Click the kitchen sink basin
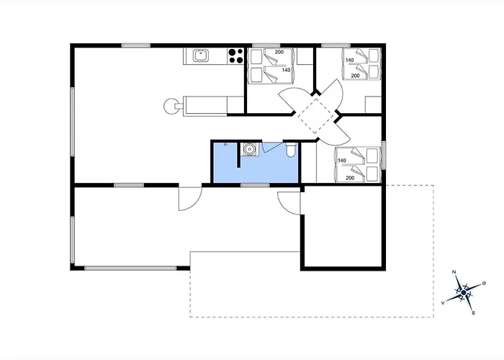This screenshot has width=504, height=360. pyautogui.click(x=201, y=56)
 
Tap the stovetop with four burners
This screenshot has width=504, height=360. pyautogui.click(x=235, y=56)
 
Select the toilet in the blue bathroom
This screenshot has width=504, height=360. pyautogui.click(x=290, y=150)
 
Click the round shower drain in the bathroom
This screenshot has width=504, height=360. pyautogui.click(x=249, y=149)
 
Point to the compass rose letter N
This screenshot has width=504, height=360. pyautogui.click(x=454, y=272)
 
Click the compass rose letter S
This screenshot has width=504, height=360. pyautogui.click(x=473, y=312)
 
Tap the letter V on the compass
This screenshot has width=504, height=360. pyautogui.click(x=444, y=303)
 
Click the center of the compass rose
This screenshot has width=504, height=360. pyautogui.click(x=464, y=292)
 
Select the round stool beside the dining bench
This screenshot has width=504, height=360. pyautogui.click(x=171, y=106)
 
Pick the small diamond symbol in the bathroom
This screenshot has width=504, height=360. pyautogui.click(x=225, y=144)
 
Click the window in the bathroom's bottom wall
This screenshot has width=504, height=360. pyautogui.click(x=255, y=185)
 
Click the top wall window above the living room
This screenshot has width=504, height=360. pyautogui.click(x=136, y=45)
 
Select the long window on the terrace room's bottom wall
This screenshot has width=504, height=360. pyautogui.click(x=130, y=268)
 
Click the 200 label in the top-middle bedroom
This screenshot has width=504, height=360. pyautogui.click(x=279, y=52)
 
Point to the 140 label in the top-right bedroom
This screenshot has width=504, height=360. pyautogui.click(x=350, y=60)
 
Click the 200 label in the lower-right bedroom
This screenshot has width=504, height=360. pyautogui.click(x=350, y=178)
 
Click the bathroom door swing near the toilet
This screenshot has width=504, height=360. pyautogui.click(x=271, y=147)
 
